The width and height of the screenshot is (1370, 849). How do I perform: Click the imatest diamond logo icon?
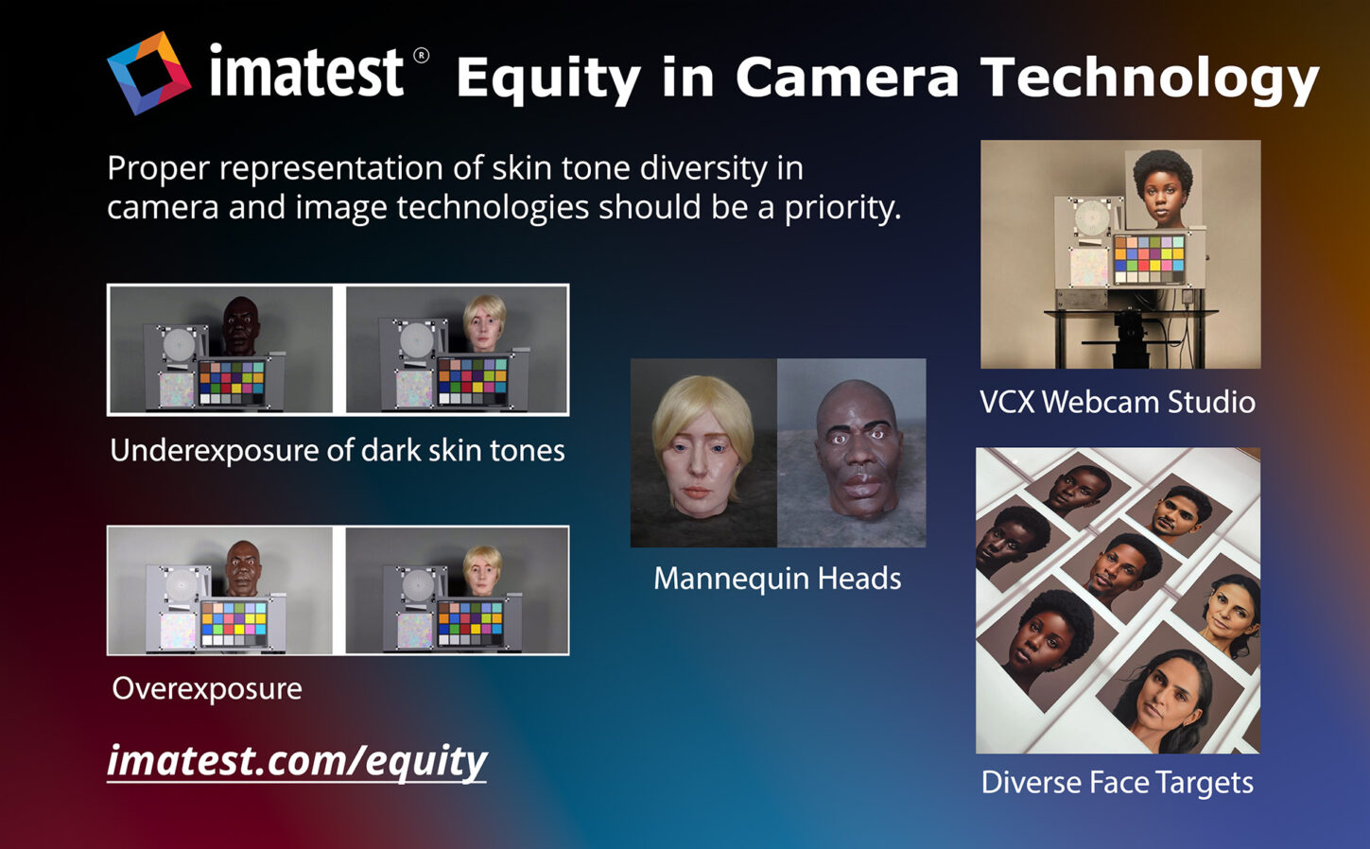point(148,74)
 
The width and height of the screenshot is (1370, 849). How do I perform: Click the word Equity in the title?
point(548,78)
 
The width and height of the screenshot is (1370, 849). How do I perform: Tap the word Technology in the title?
point(1150,78)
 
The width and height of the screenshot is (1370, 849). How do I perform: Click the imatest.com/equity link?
point(297,762)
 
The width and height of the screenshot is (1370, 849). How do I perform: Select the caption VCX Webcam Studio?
point(1118,403)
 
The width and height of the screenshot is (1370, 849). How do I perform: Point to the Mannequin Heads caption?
point(777,579)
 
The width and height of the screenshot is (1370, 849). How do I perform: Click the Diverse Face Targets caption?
point(1118,783)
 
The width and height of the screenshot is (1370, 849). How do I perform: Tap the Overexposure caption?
point(207,689)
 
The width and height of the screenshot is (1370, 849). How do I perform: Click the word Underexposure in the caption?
point(215,451)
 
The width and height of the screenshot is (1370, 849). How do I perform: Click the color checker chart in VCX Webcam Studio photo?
point(1149,259)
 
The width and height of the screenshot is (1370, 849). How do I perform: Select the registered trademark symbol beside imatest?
point(422,56)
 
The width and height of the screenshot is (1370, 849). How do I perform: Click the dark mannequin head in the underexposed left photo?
point(241,325)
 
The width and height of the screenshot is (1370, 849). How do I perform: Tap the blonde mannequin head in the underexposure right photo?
point(484,323)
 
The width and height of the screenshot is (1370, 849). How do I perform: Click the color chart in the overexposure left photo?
point(234,623)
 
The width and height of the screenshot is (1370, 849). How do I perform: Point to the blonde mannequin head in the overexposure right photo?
point(483,570)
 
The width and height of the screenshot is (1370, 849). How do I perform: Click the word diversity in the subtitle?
point(702,169)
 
